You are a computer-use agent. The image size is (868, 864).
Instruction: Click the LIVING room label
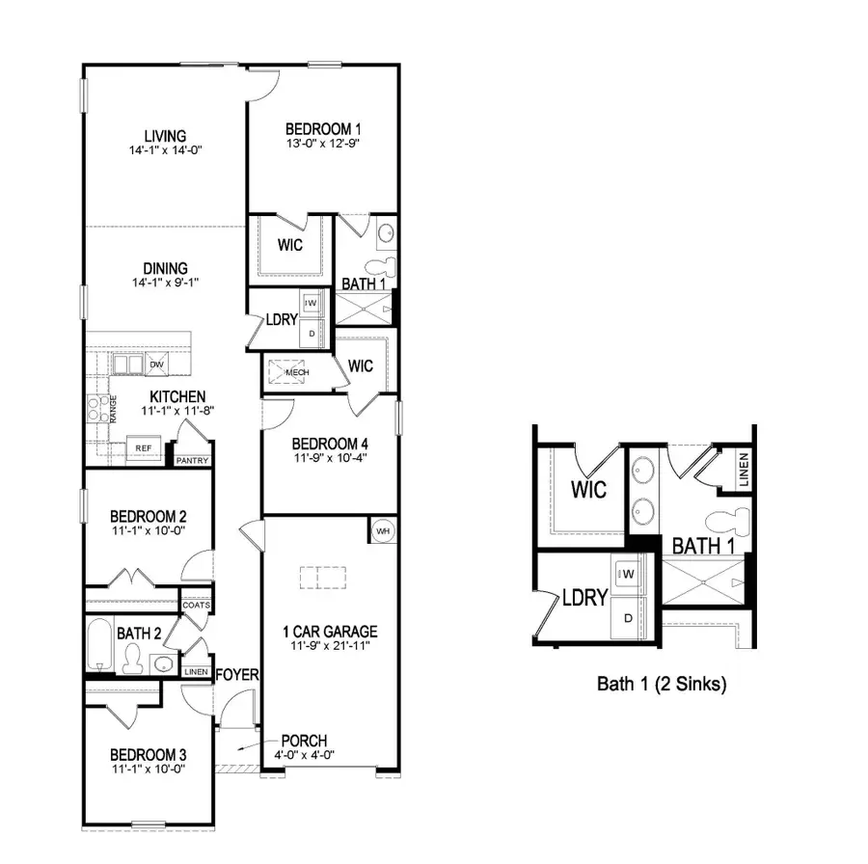click(x=165, y=136)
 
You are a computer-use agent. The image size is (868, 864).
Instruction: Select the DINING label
click(x=165, y=268)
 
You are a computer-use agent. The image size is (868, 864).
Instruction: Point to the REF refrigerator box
click(x=143, y=448)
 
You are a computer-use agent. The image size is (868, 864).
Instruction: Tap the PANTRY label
click(x=192, y=461)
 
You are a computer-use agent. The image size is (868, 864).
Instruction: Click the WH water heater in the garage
click(x=382, y=530)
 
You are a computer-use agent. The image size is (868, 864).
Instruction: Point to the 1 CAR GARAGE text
click(x=329, y=632)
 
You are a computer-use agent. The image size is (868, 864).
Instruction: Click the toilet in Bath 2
click(x=133, y=659)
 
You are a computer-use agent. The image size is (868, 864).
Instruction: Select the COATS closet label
click(x=197, y=606)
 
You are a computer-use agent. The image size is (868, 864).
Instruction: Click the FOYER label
click(x=237, y=675)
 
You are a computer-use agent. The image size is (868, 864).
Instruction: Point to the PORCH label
click(x=303, y=741)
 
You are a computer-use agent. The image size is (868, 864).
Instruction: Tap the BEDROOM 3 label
click(x=148, y=754)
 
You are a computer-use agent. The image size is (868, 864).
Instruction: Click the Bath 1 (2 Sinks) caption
click(x=662, y=685)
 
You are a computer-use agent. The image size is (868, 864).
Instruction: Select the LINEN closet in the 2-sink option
click(x=744, y=469)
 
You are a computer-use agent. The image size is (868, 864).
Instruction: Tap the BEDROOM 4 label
click(x=330, y=444)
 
